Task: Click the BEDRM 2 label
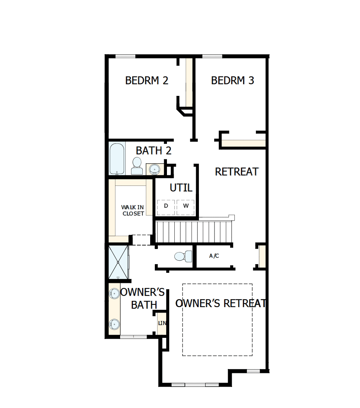click(x=147, y=81)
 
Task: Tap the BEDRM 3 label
click(x=232, y=81)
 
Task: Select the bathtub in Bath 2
click(x=117, y=159)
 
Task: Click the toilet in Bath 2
click(x=137, y=166)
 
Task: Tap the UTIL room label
click(x=181, y=188)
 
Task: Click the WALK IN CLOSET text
click(x=133, y=210)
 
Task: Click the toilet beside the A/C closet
click(x=183, y=256)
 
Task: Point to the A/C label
click(x=214, y=256)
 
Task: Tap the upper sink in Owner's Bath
click(x=113, y=293)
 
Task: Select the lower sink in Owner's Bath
click(x=114, y=323)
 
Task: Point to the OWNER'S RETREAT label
click(x=220, y=303)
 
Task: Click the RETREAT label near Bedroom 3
click(x=237, y=171)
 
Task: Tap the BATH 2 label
click(x=153, y=151)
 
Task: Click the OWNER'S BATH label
click(x=143, y=298)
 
